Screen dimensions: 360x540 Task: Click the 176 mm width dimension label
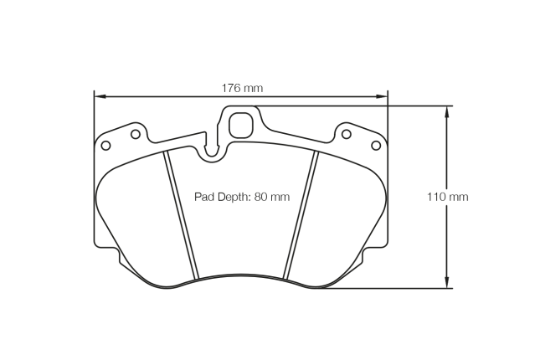[242, 88]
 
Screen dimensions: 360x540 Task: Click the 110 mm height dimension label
[447, 197]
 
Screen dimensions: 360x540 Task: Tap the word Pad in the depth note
[203, 197]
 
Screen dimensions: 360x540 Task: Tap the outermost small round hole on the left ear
[105, 146]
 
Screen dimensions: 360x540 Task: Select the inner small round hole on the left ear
[135, 133]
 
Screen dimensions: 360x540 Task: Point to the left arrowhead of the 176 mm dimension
[98, 96]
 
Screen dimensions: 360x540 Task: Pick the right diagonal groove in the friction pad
[301, 216]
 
